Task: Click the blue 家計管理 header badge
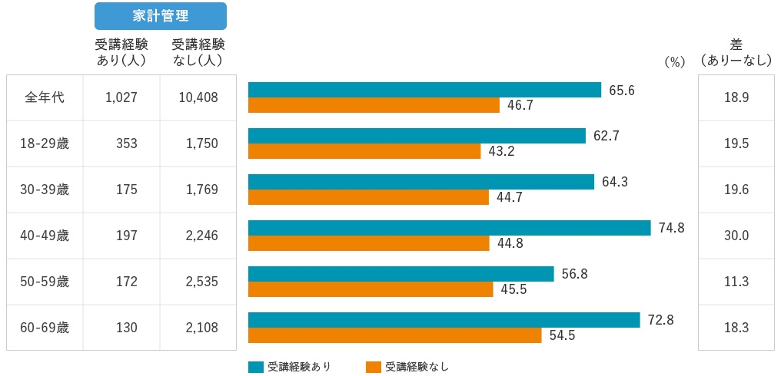coord(160,16)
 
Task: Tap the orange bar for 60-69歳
coord(395,335)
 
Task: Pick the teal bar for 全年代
coord(424,90)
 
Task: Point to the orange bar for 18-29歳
coord(364,151)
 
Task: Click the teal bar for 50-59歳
coord(400,274)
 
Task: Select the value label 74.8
coord(671,228)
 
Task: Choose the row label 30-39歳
coord(45,190)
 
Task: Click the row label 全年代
coord(45,97)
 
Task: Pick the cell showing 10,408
coord(198,97)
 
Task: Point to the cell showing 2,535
coord(201,282)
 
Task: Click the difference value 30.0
coord(736,236)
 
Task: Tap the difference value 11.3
coord(736,282)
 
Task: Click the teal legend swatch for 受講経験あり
coord(256,367)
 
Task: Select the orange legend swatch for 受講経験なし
coord(374,367)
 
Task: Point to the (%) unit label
coord(673,63)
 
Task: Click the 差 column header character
coord(736,45)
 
